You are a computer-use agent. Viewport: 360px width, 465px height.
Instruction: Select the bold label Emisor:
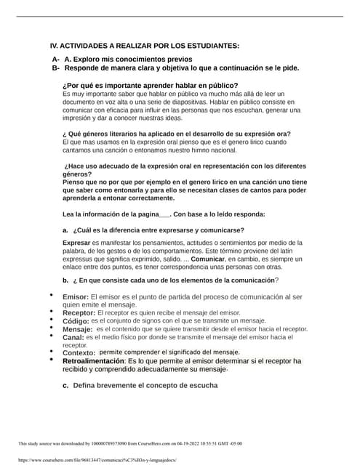[76, 298]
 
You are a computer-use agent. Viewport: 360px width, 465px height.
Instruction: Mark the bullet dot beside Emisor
[51, 296]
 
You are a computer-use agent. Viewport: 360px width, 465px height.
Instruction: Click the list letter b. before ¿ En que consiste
[65, 280]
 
